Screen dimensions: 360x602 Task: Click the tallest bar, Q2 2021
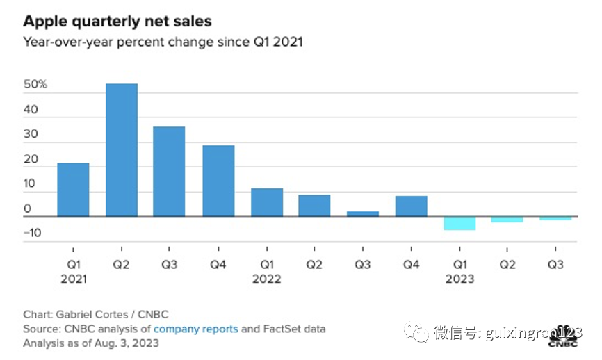(121, 150)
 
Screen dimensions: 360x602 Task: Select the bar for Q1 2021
(73, 190)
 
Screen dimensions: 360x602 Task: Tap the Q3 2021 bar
(169, 172)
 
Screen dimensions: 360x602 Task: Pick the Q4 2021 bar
(218, 181)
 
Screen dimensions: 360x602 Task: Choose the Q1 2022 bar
(267, 202)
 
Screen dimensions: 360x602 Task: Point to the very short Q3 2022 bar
(363, 213)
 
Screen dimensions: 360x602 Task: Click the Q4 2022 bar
(411, 206)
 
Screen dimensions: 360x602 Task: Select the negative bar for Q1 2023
(459, 223)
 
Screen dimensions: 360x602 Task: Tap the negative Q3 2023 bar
(555, 218)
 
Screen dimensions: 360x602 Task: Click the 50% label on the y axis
(35, 85)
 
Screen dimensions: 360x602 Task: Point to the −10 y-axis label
(33, 233)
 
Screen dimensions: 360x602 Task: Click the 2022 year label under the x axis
(267, 279)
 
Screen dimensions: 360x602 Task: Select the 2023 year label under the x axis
(459, 279)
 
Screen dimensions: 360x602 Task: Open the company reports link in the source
(195, 329)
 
